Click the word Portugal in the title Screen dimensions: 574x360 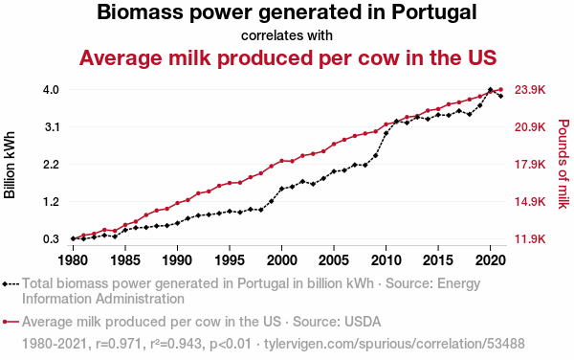[433, 12]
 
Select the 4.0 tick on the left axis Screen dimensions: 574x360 [51, 90]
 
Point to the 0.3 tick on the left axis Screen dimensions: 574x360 [51, 239]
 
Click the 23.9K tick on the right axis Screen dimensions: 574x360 [530, 90]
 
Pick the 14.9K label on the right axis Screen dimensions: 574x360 [530, 202]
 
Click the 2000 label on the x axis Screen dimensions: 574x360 [281, 260]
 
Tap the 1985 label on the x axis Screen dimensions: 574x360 [125, 260]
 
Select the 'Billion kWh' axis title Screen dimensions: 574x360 [10, 165]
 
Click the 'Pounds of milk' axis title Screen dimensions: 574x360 [563, 164]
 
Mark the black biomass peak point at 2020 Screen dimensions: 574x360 [490, 90]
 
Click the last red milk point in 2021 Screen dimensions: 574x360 [500, 89]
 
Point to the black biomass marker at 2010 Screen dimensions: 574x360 [386, 133]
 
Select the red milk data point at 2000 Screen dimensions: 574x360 [281, 161]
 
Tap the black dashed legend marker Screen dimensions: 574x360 [11, 283]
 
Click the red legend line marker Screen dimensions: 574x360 [11, 322]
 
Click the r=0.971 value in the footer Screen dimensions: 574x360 [119, 344]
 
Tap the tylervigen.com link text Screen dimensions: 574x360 [394, 344]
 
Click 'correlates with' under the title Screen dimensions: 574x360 [287, 35]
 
